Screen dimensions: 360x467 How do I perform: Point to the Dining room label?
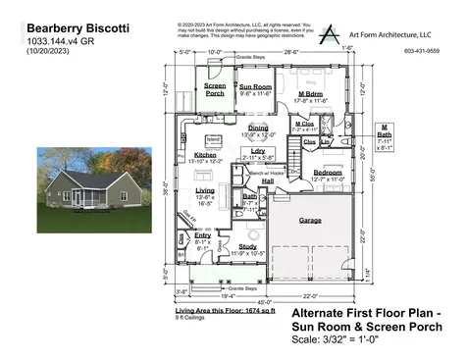(x=258, y=129)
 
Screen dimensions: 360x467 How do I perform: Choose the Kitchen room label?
(x=204, y=155)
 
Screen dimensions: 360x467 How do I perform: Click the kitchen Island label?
(x=214, y=139)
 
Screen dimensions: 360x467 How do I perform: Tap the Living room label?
(x=205, y=190)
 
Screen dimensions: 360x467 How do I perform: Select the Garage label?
(x=311, y=220)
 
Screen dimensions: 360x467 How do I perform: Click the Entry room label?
(x=203, y=235)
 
